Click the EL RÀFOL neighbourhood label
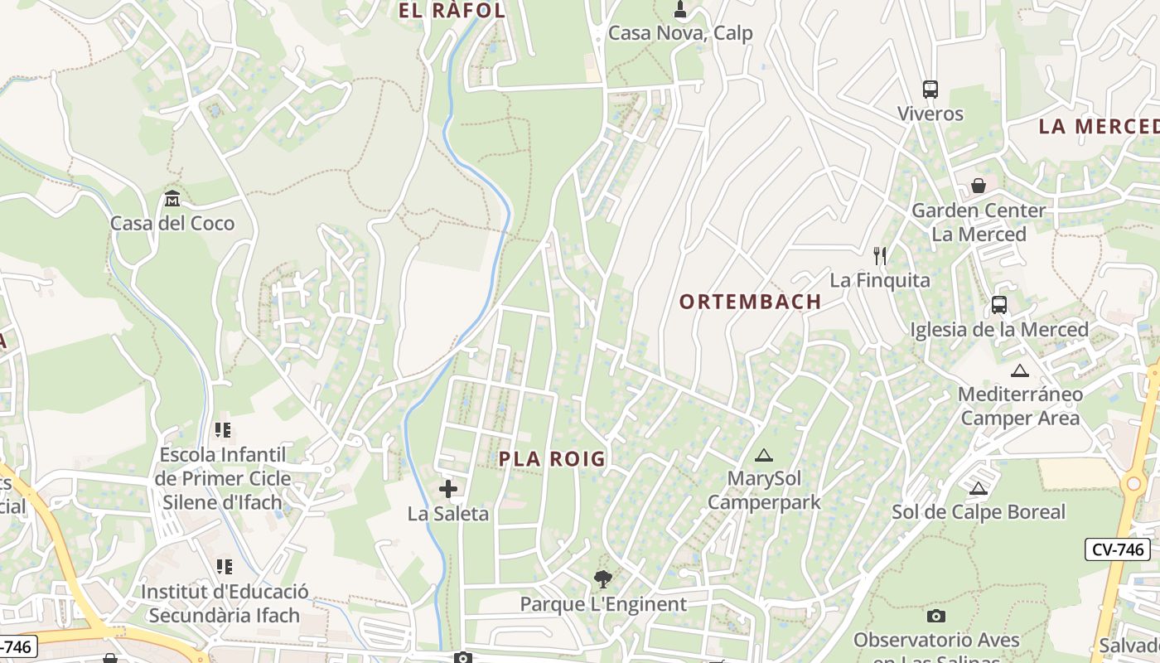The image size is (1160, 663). (452, 11)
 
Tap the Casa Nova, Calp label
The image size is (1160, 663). (680, 33)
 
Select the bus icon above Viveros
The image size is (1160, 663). (930, 90)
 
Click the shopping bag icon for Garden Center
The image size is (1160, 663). (979, 186)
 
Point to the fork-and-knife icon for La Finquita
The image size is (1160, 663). (880, 256)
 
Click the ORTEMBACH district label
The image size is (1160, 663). (750, 302)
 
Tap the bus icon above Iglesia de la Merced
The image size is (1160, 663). (999, 305)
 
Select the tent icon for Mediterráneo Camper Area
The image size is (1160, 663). (1020, 370)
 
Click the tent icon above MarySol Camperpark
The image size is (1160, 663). (763, 455)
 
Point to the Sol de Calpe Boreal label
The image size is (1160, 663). (979, 512)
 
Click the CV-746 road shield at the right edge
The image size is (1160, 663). (1117, 549)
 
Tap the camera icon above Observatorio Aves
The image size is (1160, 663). (936, 616)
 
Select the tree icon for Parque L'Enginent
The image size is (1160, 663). (602, 579)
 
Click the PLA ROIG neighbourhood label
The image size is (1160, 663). (552, 459)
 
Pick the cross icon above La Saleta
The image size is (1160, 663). (448, 489)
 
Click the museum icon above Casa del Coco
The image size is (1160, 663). (172, 199)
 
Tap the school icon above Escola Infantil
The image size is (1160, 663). (223, 430)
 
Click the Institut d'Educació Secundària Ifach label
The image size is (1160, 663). (224, 603)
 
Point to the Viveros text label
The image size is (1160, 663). (930, 114)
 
